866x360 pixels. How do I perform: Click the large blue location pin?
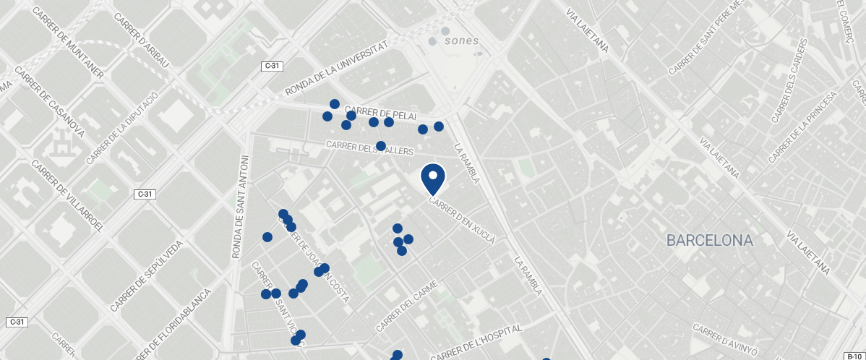click(x=432, y=178)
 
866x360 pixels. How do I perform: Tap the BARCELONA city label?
click(x=710, y=240)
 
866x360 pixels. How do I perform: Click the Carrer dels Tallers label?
click(x=369, y=147)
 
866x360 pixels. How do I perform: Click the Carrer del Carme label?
click(x=407, y=306)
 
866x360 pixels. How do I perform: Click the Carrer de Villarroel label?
click(x=68, y=200)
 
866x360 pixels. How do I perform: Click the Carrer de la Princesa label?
click(x=802, y=127)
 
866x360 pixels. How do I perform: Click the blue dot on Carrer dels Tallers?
click(x=381, y=146)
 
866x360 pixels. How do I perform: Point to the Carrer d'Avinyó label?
click(x=724, y=340)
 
